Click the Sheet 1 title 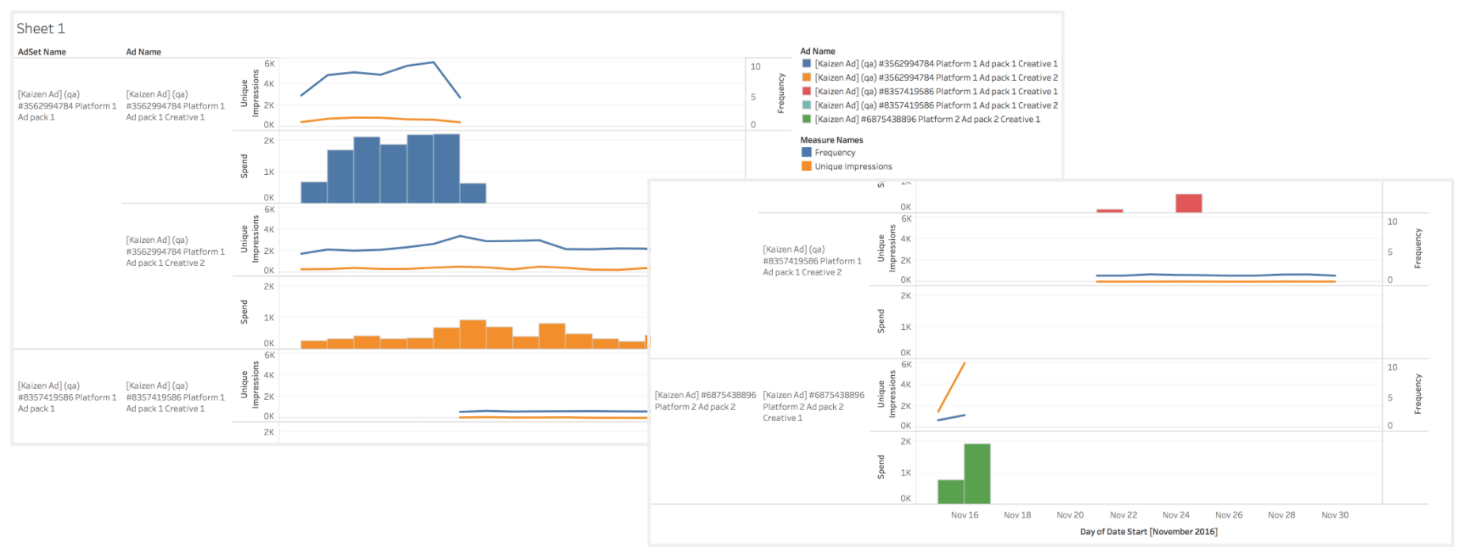click(41, 28)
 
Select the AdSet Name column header click(42, 52)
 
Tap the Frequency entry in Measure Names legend click(835, 153)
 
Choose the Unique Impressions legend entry click(853, 166)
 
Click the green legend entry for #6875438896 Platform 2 click(927, 120)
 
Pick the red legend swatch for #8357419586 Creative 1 click(806, 92)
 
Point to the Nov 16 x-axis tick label click(964, 515)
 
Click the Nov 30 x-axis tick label click(1335, 515)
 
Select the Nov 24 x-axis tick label click(1176, 515)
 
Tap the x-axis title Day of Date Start click(1149, 532)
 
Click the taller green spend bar click(977, 473)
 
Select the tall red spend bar click(1188, 203)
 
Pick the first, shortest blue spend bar click(314, 192)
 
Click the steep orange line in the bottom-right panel click(951, 388)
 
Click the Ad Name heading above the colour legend click(817, 51)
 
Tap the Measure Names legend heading click(831, 140)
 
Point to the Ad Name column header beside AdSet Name click(143, 52)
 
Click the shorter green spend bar click(951, 491)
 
